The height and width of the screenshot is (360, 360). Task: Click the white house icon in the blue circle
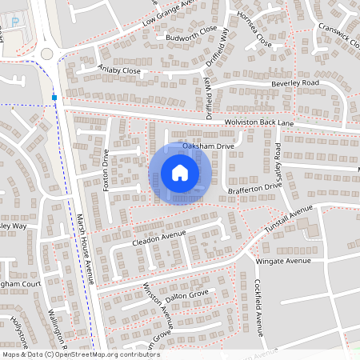point(180,173)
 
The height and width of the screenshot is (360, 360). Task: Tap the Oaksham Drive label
point(207,146)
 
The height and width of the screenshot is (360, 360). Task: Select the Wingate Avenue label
point(282,261)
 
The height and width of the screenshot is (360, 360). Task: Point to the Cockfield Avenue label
point(258,307)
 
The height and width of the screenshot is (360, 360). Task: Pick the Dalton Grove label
point(189,295)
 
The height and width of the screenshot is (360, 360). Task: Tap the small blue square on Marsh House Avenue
point(54,98)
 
